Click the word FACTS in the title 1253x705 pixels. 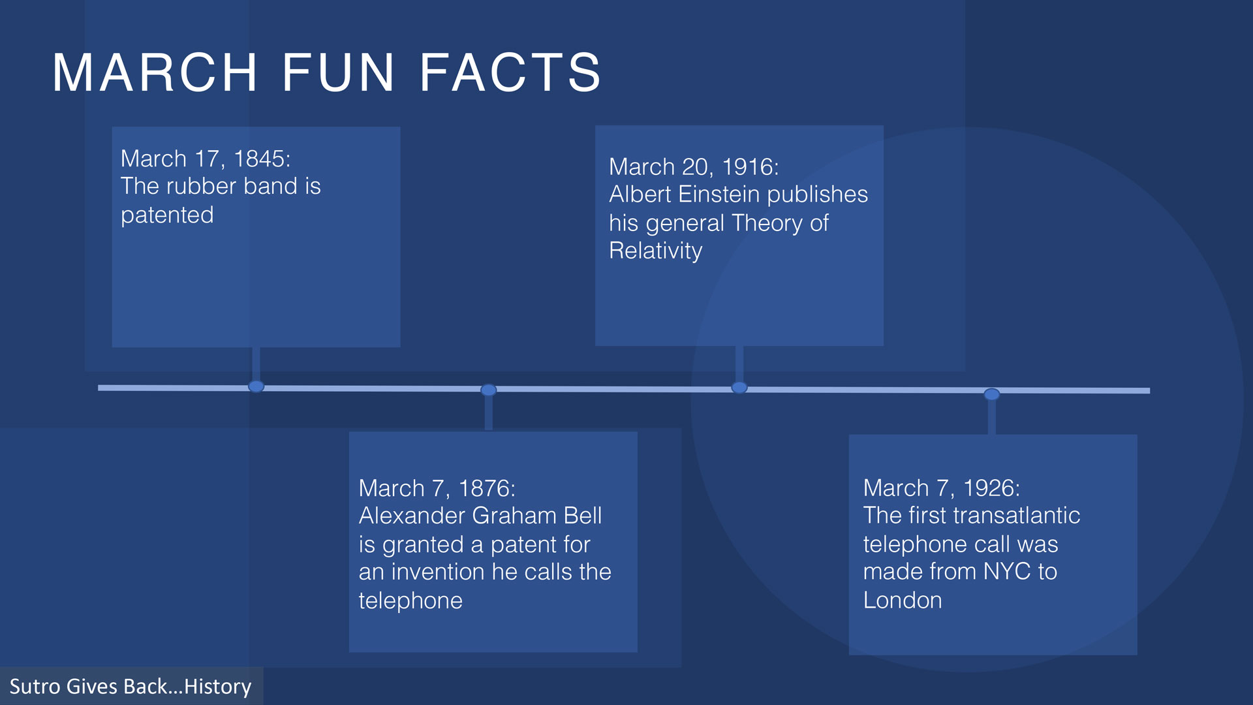pos(510,72)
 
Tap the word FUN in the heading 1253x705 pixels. pos(338,72)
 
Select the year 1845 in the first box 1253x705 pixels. pos(262,159)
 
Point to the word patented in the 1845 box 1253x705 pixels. pos(167,215)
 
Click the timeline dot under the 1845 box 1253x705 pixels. pos(256,386)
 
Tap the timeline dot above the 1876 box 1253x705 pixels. pos(489,390)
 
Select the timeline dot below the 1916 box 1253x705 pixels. pos(739,388)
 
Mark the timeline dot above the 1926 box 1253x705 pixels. pos(992,394)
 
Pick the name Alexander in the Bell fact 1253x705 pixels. pos(412,516)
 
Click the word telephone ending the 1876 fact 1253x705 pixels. pos(410,601)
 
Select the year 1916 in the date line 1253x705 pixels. pos(750,167)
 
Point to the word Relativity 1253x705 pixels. pos(656,251)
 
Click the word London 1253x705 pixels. pos(903,601)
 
